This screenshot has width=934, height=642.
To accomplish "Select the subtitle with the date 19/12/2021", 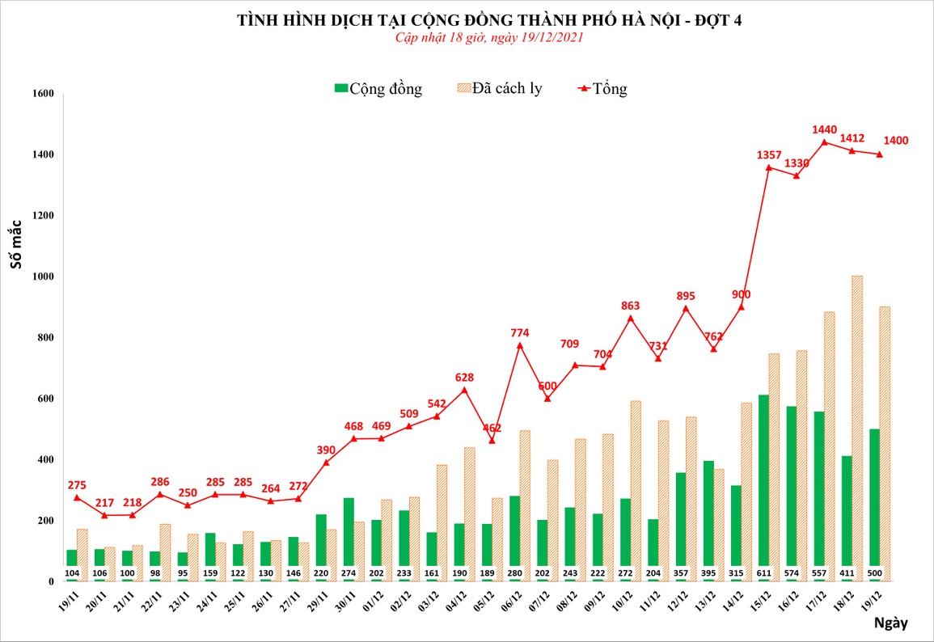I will pyautogui.click(x=489, y=38).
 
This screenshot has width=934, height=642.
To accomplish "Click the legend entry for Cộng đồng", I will pyautogui.click(x=378, y=88).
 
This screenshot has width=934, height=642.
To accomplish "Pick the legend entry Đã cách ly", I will pyautogui.click(x=499, y=88).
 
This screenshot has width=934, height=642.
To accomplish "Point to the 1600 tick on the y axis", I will pyautogui.click(x=41, y=94).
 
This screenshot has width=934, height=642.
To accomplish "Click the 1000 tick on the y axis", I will pyautogui.click(x=41, y=277).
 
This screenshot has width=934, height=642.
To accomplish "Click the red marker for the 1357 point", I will pyautogui.click(x=768, y=167).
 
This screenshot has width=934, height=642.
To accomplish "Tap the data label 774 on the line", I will pyautogui.click(x=520, y=332).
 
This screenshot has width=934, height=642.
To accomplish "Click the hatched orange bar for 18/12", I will pyautogui.click(x=856, y=429).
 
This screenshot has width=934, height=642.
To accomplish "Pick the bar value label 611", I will pyautogui.click(x=763, y=574).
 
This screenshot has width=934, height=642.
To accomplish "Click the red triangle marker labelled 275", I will pyautogui.click(x=77, y=497).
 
